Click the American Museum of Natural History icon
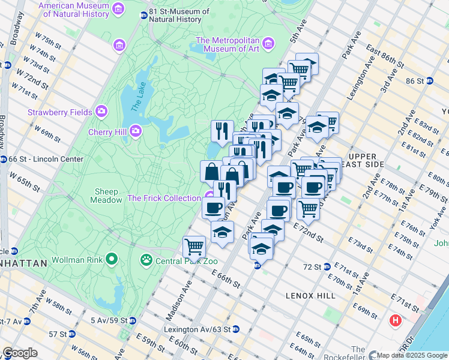(x=118, y=9)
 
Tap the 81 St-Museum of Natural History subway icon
(x=143, y=15)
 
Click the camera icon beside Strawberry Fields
(x=101, y=112)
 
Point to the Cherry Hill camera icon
(x=136, y=130)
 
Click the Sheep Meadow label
(x=106, y=196)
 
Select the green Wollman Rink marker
(x=111, y=260)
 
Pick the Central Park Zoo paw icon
(x=146, y=260)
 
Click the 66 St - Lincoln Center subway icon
(x=4, y=159)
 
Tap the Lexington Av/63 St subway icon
(x=236, y=329)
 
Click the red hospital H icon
(x=395, y=320)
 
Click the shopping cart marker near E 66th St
(x=194, y=246)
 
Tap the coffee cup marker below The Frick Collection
(x=212, y=208)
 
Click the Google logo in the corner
(x=20, y=353)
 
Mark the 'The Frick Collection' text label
(x=164, y=198)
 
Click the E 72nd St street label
(x=309, y=232)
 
